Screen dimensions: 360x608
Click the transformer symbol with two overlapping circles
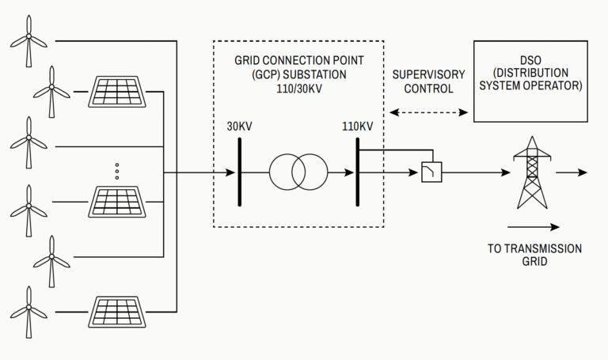click(298, 171)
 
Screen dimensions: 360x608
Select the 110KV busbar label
click(358, 127)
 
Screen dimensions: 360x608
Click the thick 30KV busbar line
click(238, 171)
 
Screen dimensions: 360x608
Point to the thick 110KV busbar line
click(358, 171)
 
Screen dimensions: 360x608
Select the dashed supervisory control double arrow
click(429, 113)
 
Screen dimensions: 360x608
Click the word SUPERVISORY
click(429, 75)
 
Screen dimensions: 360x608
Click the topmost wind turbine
click(28, 40)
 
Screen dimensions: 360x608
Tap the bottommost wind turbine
click(28, 313)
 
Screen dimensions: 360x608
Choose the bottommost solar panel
click(116, 312)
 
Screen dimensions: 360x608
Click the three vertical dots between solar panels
click(116, 171)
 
